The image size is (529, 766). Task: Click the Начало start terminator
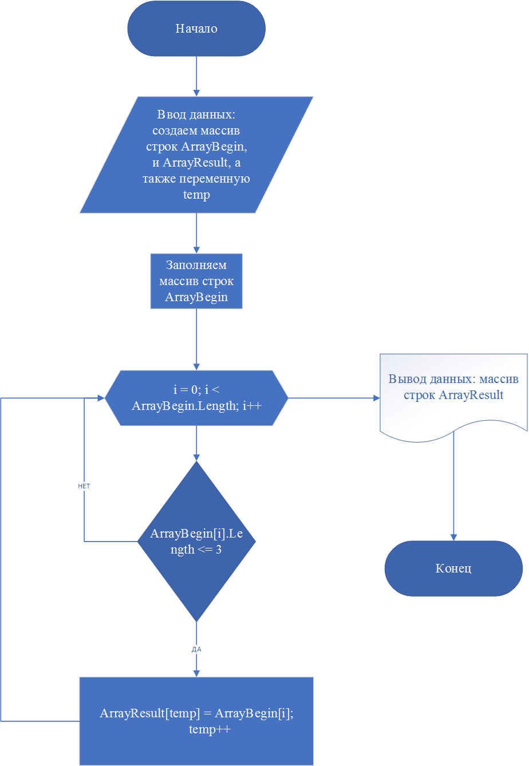[196, 29]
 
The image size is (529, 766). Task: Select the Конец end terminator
[453, 568]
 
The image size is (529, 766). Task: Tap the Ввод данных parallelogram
[196, 155]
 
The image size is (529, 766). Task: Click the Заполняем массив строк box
[196, 281]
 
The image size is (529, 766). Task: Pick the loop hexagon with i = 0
[196, 398]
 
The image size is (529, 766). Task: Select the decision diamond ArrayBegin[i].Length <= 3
[196, 542]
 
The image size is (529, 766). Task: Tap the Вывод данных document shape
[453, 397]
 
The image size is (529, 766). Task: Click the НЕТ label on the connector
[84, 486]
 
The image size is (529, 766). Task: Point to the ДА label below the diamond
[196, 649]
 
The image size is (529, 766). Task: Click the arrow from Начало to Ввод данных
[196, 76]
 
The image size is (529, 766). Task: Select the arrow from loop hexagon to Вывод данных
[334, 398]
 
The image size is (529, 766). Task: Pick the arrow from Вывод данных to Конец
[453, 486]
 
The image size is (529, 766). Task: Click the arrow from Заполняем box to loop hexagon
[196, 339]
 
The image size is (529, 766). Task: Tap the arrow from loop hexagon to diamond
[196, 443]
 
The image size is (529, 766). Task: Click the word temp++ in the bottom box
[210, 729]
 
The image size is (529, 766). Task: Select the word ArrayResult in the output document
[471, 395]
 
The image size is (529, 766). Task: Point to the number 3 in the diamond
[219, 549]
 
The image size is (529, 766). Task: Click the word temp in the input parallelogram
[196, 195]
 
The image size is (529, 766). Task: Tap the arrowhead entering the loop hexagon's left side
[101, 398]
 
